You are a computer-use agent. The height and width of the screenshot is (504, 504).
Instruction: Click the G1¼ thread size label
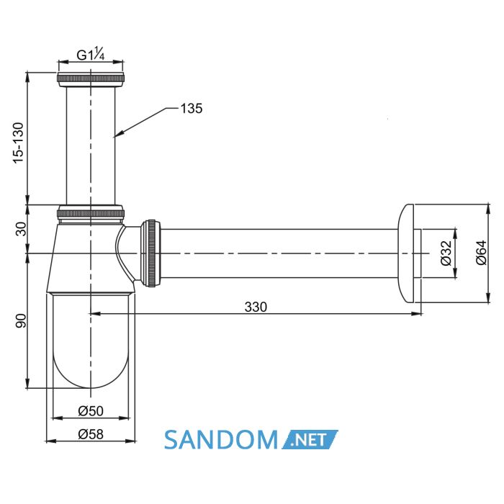(90, 55)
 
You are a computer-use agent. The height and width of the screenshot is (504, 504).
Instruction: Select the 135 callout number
(192, 108)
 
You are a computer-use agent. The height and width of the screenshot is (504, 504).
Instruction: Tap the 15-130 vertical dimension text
(19, 143)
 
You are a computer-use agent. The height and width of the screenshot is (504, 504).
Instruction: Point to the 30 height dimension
(21, 229)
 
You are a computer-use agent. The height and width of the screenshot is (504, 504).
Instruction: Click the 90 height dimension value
(21, 321)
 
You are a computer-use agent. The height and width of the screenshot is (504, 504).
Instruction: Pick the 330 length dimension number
(256, 307)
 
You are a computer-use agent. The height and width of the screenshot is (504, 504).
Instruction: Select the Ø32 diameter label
(446, 253)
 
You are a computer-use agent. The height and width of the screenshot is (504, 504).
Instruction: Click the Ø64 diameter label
(481, 253)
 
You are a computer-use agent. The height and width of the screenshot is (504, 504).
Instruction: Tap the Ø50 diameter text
(91, 411)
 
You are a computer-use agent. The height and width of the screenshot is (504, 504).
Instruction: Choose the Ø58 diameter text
(91, 434)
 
